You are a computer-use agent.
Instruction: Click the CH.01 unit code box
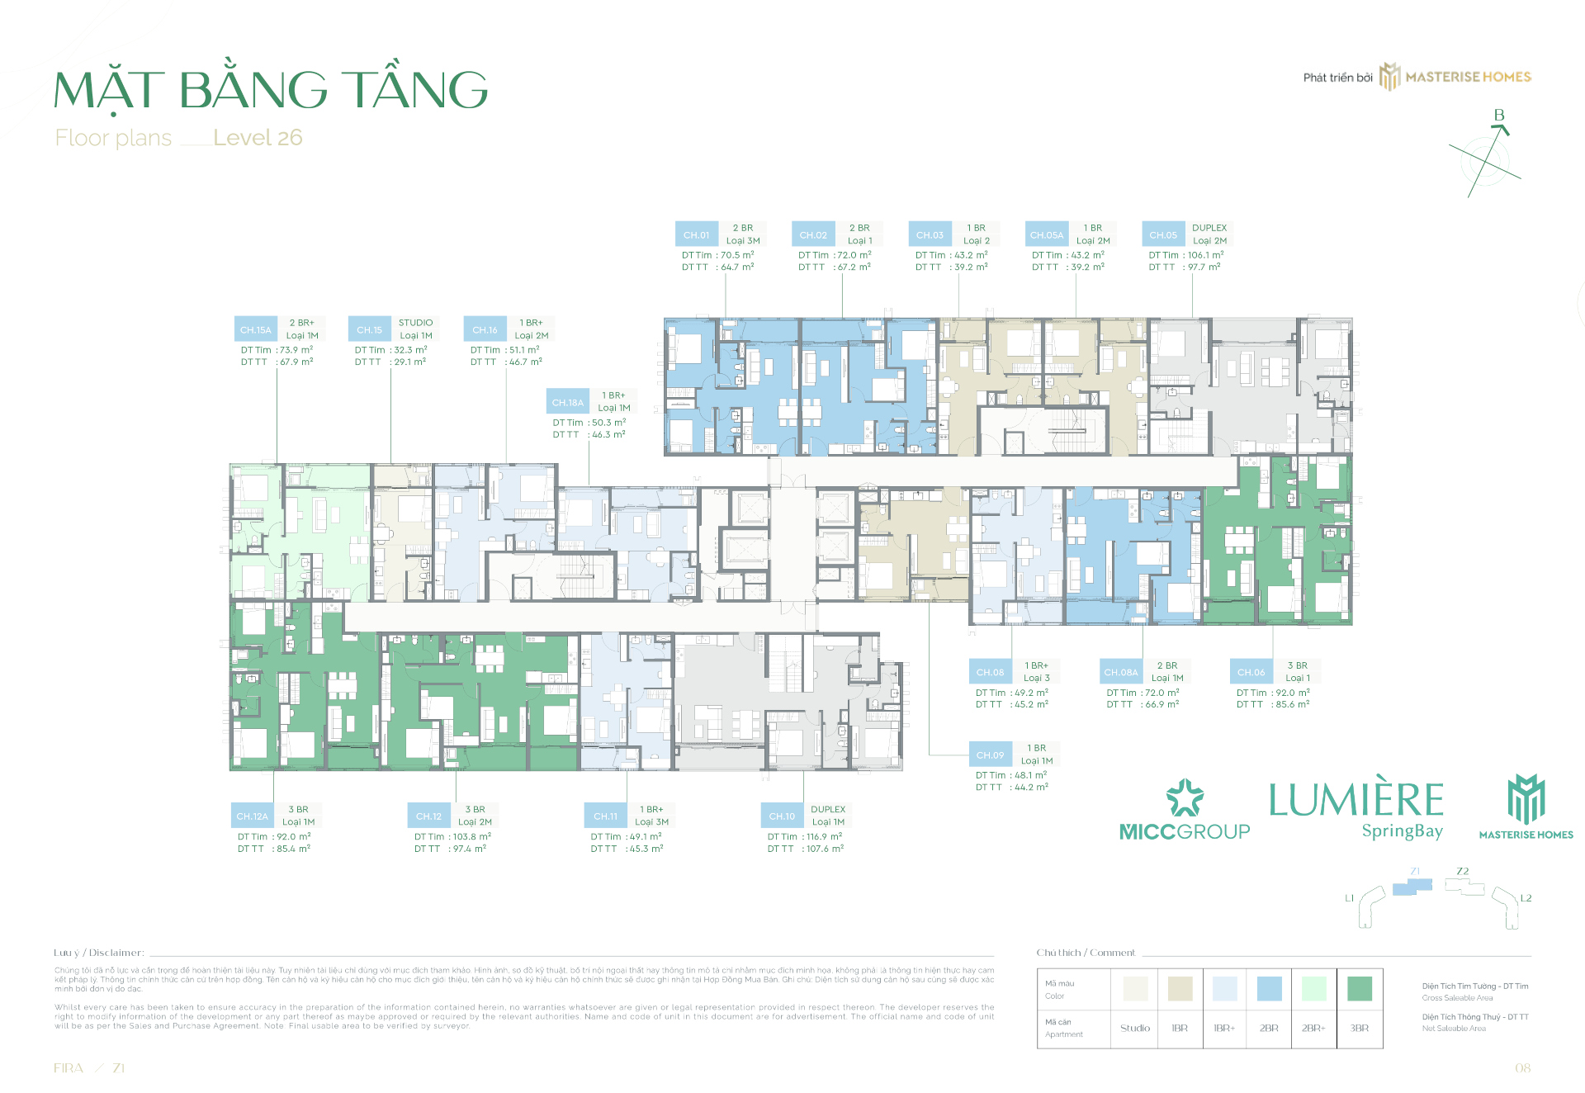[x=696, y=234]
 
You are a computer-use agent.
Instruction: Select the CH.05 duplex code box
[x=1163, y=234]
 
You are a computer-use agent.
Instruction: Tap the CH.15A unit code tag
[x=255, y=329]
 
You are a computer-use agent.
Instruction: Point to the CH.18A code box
[x=567, y=402]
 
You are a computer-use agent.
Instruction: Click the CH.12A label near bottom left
[x=252, y=816]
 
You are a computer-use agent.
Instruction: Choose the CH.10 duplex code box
[x=781, y=816]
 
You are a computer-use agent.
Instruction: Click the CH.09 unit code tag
[x=990, y=755]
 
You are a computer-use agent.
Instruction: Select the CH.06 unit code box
[x=1251, y=672]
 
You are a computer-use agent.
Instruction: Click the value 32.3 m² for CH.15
[x=410, y=350]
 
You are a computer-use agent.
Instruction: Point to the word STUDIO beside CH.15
[x=415, y=323]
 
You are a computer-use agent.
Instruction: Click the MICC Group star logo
[x=1185, y=797]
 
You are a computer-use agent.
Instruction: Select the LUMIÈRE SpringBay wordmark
[x=1356, y=809]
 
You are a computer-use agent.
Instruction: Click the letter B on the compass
[x=1499, y=115]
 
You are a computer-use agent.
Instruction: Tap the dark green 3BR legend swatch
[x=1359, y=988]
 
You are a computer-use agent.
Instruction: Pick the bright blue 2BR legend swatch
[x=1269, y=988]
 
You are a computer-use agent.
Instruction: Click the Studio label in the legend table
[x=1135, y=1029]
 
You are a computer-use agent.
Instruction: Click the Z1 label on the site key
[x=1415, y=871]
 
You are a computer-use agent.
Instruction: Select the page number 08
[x=1522, y=1068]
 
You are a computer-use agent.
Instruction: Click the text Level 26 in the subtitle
[x=258, y=138]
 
